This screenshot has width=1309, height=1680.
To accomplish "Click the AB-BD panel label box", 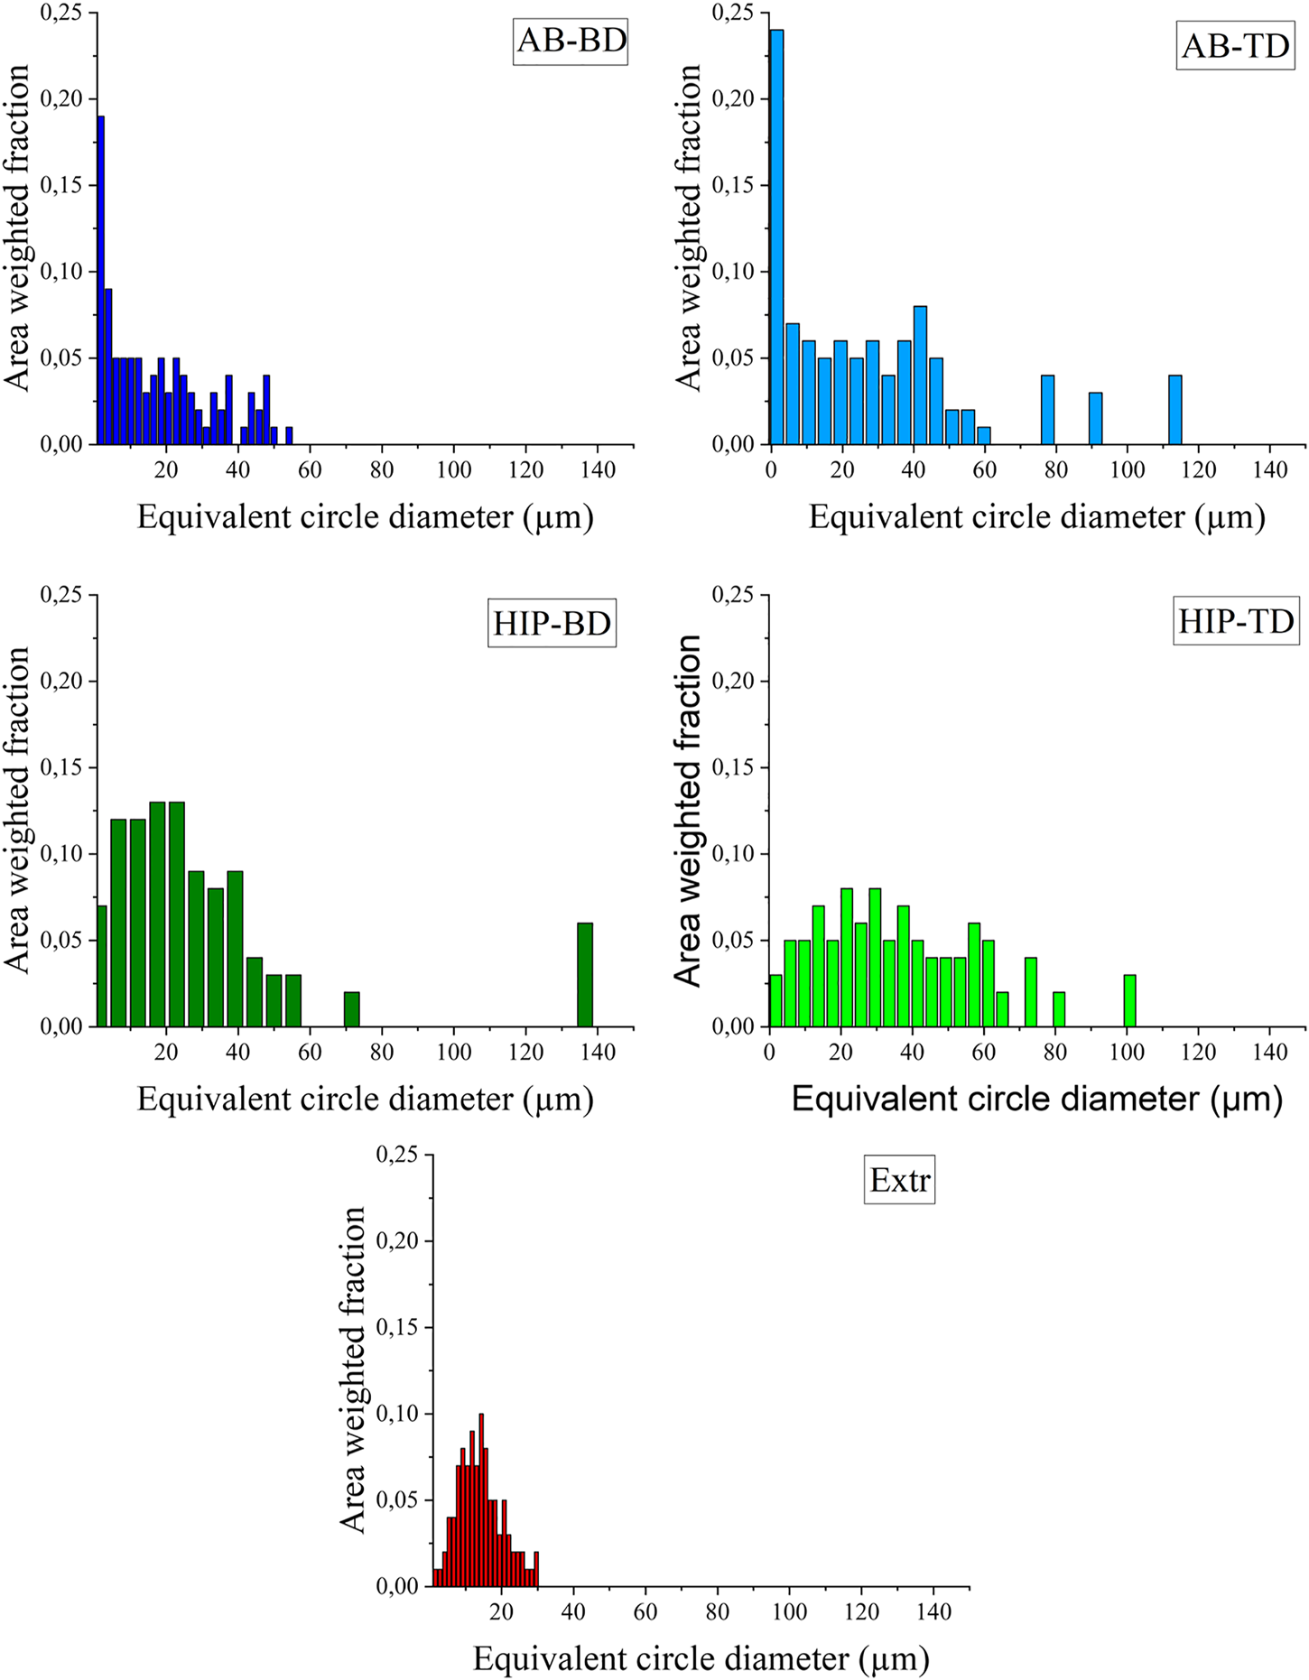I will pyautogui.click(x=571, y=41).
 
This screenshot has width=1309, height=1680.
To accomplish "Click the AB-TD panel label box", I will pyautogui.click(x=1235, y=45).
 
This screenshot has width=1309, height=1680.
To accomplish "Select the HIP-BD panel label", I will pyautogui.click(x=552, y=623).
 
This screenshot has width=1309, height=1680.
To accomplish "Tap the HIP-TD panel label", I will pyautogui.click(x=1236, y=621).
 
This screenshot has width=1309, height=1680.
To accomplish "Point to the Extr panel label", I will pyautogui.click(x=899, y=1180).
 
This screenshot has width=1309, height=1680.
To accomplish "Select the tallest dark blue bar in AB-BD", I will pyautogui.click(x=101, y=280).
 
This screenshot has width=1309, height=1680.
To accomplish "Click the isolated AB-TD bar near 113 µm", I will pyautogui.click(x=1174, y=410).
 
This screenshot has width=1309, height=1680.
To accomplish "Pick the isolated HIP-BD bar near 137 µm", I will pyautogui.click(x=585, y=975).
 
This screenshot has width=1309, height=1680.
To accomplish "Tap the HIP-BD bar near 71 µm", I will pyautogui.click(x=352, y=1009).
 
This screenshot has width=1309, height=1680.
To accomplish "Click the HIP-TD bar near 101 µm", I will pyautogui.click(x=1129, y=1000).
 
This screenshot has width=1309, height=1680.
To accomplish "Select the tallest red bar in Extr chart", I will pyautogui.click(x=481, y=1499).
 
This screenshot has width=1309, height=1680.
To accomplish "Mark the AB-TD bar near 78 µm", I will pyautogui.click(x=1048, y=410).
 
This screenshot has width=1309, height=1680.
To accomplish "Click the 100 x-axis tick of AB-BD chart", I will pyautogui.click(x=454, y=469).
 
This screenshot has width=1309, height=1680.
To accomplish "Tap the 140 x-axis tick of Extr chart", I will pyautogui.click(x=934, y=1611).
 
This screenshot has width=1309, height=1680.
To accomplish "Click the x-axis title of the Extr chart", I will pyautogui.click(x=701, y=1658).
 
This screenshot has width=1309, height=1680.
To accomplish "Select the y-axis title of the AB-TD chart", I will pyautogui.click(x=688, y=227).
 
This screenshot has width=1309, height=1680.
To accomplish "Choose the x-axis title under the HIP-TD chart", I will pyautogui.click(x=1036, y=1100).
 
